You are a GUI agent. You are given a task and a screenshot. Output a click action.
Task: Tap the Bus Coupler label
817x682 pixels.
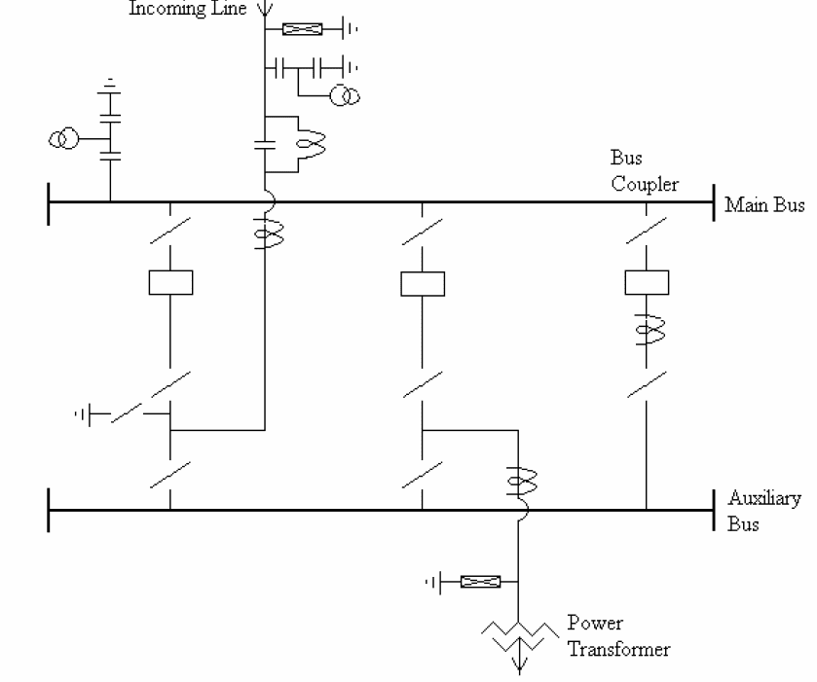[644, 171]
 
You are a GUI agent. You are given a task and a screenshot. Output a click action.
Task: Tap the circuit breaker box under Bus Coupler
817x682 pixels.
[644, 282]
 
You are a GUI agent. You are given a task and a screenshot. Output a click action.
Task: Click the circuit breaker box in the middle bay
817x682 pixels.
[423, 282]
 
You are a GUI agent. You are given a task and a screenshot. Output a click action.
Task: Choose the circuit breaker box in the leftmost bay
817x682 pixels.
[170, 282]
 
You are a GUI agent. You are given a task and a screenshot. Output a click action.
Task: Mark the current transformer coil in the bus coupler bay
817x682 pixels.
[644, 333]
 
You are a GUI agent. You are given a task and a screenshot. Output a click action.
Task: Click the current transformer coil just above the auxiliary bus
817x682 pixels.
[517, 480]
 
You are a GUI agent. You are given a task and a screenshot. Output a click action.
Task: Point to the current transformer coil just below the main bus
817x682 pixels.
[264, 234]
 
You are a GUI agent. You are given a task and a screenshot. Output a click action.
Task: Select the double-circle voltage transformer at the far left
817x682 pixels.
[66, 139]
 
